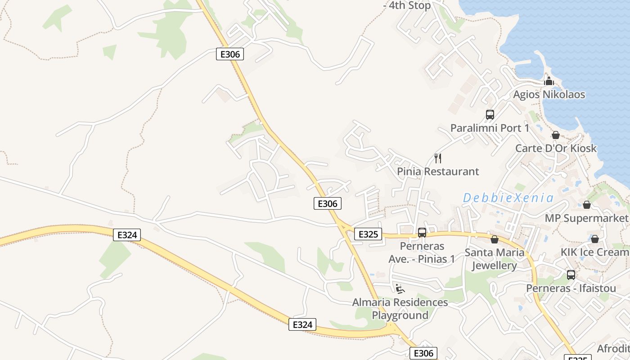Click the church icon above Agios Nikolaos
click(549, 81)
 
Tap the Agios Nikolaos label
click(549, 94)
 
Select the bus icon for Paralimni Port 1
click(490, 115)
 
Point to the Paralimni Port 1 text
click(490, 128)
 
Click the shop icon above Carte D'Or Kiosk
click(556, 135)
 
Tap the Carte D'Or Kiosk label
click(556, 148)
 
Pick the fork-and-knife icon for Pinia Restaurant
click(438, 158)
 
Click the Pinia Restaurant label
click(438, 171)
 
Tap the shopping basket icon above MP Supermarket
click(586, 205)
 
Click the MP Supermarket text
click(586, 218)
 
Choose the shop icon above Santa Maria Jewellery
click(495, 239)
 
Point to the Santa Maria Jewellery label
click(495, 259)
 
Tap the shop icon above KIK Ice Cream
click(595, 239)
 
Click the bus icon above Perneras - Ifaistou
click(571, 274)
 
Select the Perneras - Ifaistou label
click(571, 288)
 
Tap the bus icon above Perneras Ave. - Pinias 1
click(422, 233)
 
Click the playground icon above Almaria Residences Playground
click(400, 288)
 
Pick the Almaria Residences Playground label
click(400, 309)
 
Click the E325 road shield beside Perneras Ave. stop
click(368, 234)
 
